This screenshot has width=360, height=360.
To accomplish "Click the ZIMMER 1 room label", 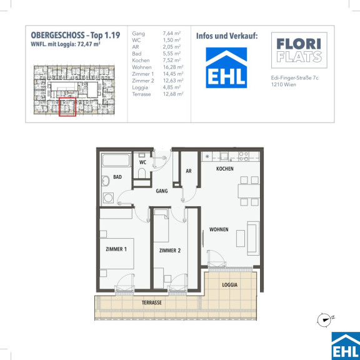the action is tap(116, 249).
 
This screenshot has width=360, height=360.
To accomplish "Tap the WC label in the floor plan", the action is tap(142, 162).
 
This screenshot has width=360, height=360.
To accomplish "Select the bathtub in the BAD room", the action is tap(116, 160).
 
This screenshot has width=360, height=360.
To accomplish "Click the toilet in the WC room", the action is tap(142, 173).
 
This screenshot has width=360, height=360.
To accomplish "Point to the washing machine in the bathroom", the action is tap(108, 197).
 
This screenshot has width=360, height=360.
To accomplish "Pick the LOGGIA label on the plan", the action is tap(229, 285).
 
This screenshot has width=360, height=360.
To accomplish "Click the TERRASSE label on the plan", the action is tap(151, 302).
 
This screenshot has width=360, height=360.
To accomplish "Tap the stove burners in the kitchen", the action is tap(244, 156).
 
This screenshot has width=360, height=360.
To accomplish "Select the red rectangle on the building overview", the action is tap(67, 107).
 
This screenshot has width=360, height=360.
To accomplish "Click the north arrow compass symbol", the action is tap(324, 319).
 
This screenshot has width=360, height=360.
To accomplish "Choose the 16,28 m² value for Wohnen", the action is tap(173, 67).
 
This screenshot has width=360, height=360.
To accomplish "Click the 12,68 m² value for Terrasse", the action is tap(173, 94).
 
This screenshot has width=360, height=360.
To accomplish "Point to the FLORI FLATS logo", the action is tap(299, 50).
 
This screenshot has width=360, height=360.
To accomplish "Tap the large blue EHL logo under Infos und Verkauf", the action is tap(226, 67).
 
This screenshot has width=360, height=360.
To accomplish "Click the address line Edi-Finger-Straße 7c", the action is tap(295, 78).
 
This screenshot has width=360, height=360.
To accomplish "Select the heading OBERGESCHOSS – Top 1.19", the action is tap(76, 36).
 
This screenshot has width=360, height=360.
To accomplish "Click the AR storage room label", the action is tap(189, 171).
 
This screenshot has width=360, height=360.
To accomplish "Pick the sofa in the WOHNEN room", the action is tap(253, 238).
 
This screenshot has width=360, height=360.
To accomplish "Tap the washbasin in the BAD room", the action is tap(106, 181).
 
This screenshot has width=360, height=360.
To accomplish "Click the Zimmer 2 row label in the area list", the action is tap(143, 81).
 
